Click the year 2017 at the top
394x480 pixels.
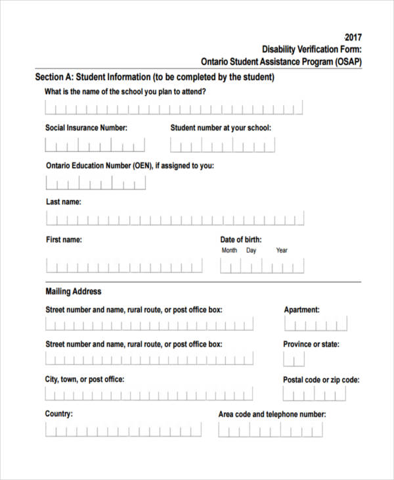click(353, 37)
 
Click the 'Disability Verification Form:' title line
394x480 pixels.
click(312, 49)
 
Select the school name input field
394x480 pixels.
click(174, 108)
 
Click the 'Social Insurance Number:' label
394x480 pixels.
click(86, 128)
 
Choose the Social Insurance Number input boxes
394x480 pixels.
click(95, 145)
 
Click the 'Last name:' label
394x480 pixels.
click(64, 203)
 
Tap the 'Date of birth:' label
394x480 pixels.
click(240, 240)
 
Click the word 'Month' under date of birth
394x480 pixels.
click(229, 251)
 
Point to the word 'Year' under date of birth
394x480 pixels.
click(282, 251)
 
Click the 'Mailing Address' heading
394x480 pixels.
click(74, 291)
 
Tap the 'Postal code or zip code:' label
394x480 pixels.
click(321, 380)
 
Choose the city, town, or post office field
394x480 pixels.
click(149, 394)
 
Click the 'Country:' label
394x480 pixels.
click(59, 414)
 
